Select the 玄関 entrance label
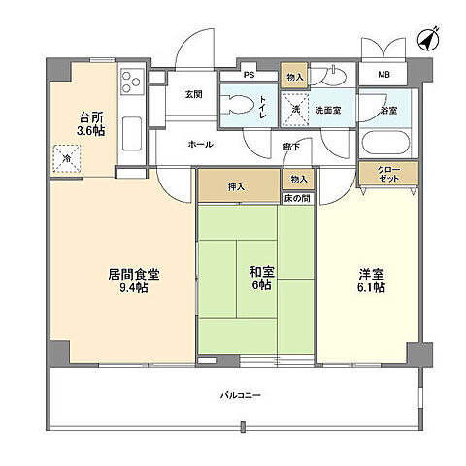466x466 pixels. (193, 94)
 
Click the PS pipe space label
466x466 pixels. (249, 75)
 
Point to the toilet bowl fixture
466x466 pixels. (240, 105)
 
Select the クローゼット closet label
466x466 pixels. (389, 174)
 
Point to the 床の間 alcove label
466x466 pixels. (297, 197)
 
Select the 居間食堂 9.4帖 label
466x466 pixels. (134, 281)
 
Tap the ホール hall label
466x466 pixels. (200, 143)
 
